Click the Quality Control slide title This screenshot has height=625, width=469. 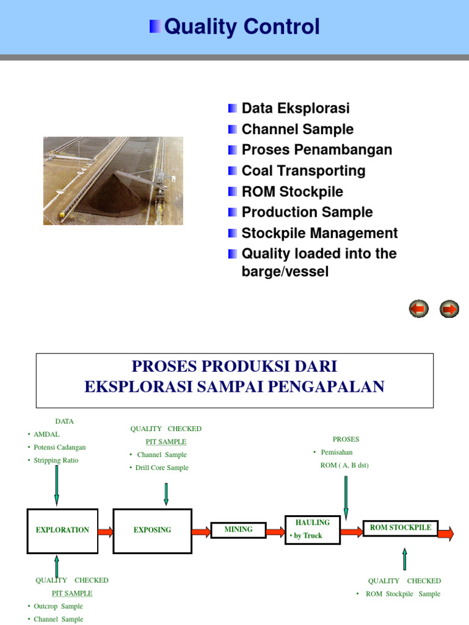[x=242, y=27]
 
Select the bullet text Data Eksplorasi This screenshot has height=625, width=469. [x=296, y=109]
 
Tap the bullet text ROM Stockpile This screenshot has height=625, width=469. [x=292, y=192]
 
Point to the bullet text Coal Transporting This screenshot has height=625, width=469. [x=304, y=171]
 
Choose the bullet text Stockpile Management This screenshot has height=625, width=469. [x=319, y=233]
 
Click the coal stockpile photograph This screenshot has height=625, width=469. [x=113, y=181]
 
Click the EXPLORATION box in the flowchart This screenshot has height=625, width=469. [x=62, y=530]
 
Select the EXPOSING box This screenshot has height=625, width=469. [x=153, y=530]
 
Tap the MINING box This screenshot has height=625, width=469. [x=239, y=530]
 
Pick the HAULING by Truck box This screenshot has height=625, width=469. [x=313, y=529]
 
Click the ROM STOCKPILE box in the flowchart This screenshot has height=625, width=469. [x=401, y=528]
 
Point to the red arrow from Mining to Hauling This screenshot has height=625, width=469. [x=275, y=532]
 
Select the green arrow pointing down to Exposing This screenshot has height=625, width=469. [x=166, y=494]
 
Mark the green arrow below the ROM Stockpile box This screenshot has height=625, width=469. [x=404, y=558]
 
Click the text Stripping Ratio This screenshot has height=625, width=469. [x=56, y=460]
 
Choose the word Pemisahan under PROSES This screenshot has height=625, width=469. [x=336, y=452]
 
